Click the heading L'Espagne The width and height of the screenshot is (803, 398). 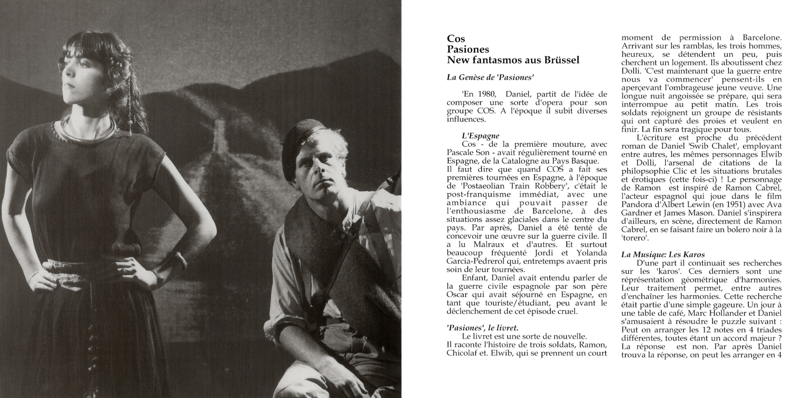click(x=480, y=136)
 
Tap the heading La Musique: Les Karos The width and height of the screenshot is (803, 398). click(x=663, y=255)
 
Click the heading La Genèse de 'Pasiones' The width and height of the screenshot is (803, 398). click(x=490, y=77)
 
